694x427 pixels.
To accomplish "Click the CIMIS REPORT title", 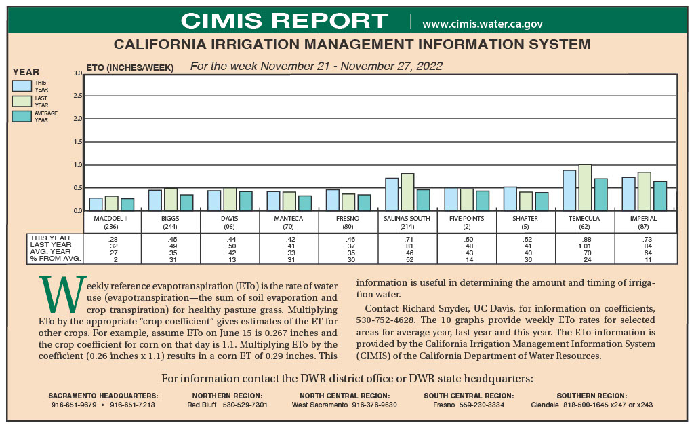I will click(285, 20).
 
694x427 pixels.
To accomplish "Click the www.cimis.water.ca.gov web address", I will click(482, 24).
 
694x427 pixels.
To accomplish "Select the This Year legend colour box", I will click(22, 86).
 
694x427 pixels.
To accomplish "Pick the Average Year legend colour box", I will click(22, 116).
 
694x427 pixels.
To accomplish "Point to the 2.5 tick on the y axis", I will click(77, 96).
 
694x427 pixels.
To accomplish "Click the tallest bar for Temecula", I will click(585, 187).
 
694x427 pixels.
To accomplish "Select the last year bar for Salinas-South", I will click(407, 192).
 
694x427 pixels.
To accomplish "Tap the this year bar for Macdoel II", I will click(96, 204).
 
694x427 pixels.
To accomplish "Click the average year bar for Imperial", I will click(660, 196).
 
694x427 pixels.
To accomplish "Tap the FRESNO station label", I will click(348, 219).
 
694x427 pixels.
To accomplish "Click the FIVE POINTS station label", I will click(467, 219).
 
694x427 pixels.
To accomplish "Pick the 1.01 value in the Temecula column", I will click(585, 246).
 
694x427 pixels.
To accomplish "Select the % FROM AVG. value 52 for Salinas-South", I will click(407, 259).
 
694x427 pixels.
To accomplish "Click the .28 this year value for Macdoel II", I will click(113, 239).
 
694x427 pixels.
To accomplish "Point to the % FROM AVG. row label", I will click(56, 259).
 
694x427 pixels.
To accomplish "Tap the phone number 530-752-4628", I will click(386, 318).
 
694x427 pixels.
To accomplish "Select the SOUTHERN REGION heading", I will click(591, 396).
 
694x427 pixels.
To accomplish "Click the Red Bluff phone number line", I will click(227, 405).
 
